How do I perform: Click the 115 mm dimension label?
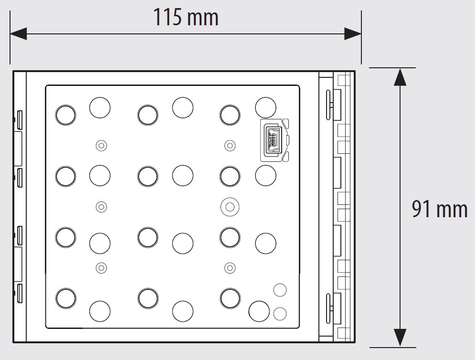coord(186,17)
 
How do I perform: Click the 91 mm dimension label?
coord(440,209)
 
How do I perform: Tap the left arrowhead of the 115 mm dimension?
coord(18,33)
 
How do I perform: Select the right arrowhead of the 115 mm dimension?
coord(353,33)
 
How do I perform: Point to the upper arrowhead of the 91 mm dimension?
coord(400,77)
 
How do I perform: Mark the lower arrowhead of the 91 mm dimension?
coord(400,338)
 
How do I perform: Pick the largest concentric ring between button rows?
coord(230,207)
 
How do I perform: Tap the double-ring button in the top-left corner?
coord(65,115)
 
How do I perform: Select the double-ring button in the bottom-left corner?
coord(65,298)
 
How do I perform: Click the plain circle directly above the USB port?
coord(266,107)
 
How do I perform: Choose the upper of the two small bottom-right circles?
coord(280,290)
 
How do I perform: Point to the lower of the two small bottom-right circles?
coord(280,314)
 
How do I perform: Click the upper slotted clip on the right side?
coord(328,105)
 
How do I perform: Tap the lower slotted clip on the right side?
coord(328,308)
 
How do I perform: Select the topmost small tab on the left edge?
coord(20,120)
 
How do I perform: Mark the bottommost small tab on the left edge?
coord(20,293)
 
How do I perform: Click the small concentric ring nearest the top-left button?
coord(101,146)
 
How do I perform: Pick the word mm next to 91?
coord(452,210)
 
